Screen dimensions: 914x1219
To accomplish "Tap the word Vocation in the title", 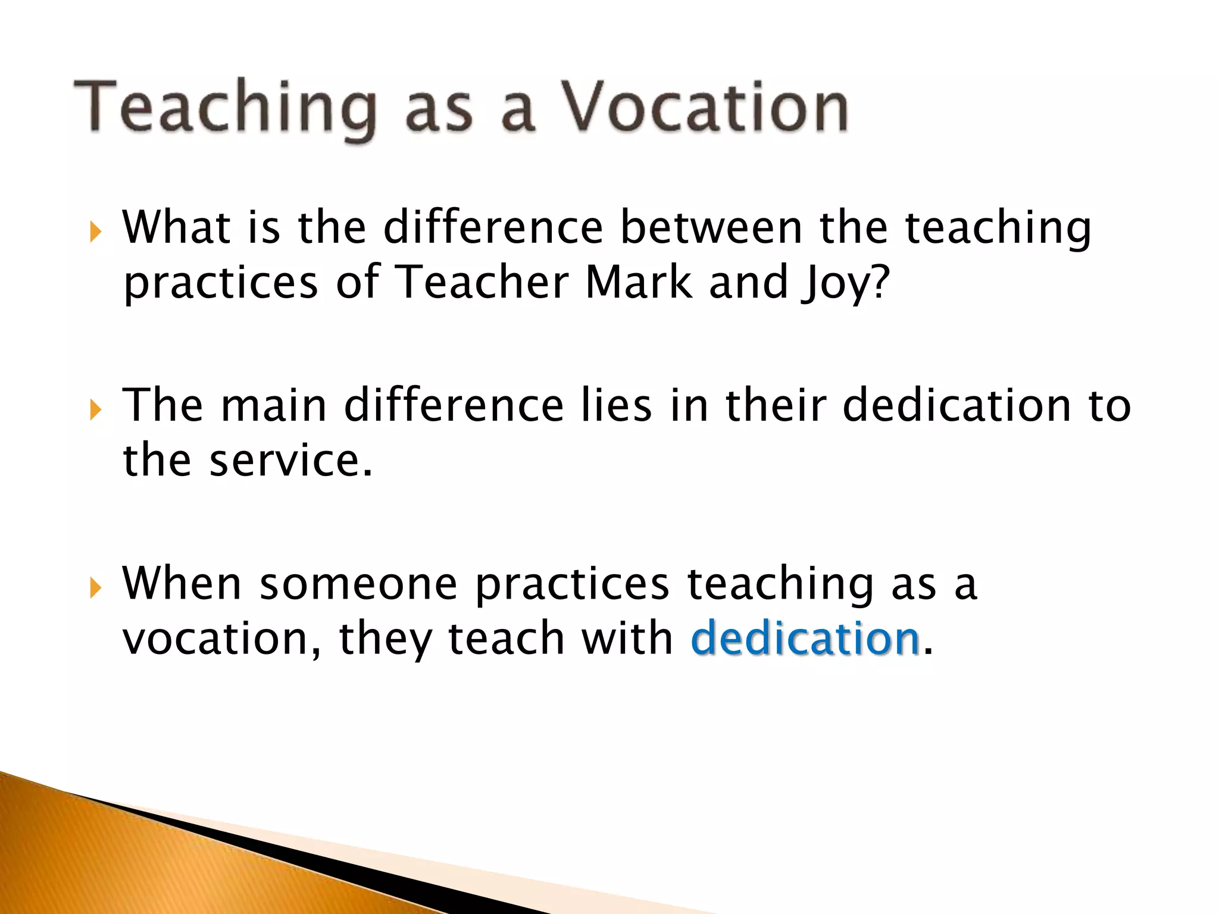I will point(705,107).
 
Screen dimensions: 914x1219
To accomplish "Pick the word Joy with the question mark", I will point(845,283).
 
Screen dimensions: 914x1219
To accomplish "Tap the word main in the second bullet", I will point(273,405).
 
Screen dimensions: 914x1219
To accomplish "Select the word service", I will point(290,461).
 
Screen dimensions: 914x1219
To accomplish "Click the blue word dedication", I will point(805,638).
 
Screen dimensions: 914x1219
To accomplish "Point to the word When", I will point(182,584).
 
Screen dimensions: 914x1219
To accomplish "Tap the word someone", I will point(358,585).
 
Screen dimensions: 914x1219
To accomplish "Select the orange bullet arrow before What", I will point(95,232).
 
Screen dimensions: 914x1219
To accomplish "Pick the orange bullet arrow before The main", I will point(95,410).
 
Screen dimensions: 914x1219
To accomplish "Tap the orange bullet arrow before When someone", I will point(95,589).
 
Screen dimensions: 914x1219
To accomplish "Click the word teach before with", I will point(506,638).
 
